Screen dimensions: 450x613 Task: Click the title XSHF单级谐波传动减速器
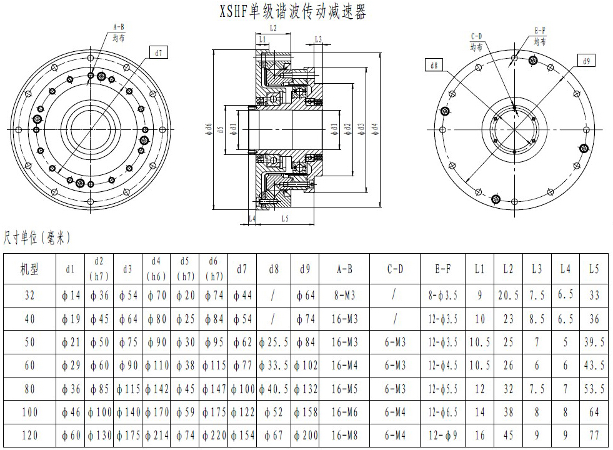pos(293,12)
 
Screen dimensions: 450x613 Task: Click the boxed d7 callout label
pos(158,53)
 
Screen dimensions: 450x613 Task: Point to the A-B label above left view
pos(118,27)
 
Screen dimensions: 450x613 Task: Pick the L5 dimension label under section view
pos(285,219)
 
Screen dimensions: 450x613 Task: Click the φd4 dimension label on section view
pos(374,129)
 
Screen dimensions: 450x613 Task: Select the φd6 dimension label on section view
pos(208,129)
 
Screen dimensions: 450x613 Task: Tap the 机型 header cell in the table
pos(29,269)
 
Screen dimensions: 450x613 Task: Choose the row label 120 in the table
pos(29,436)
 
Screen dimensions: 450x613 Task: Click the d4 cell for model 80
pos(156,389)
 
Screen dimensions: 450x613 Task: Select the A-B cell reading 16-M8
pos(344,436)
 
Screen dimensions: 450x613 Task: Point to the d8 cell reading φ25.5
pos(274,342)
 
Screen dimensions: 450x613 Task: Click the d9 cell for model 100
pos(305,412)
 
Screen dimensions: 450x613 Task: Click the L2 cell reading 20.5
pos(509,296)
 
